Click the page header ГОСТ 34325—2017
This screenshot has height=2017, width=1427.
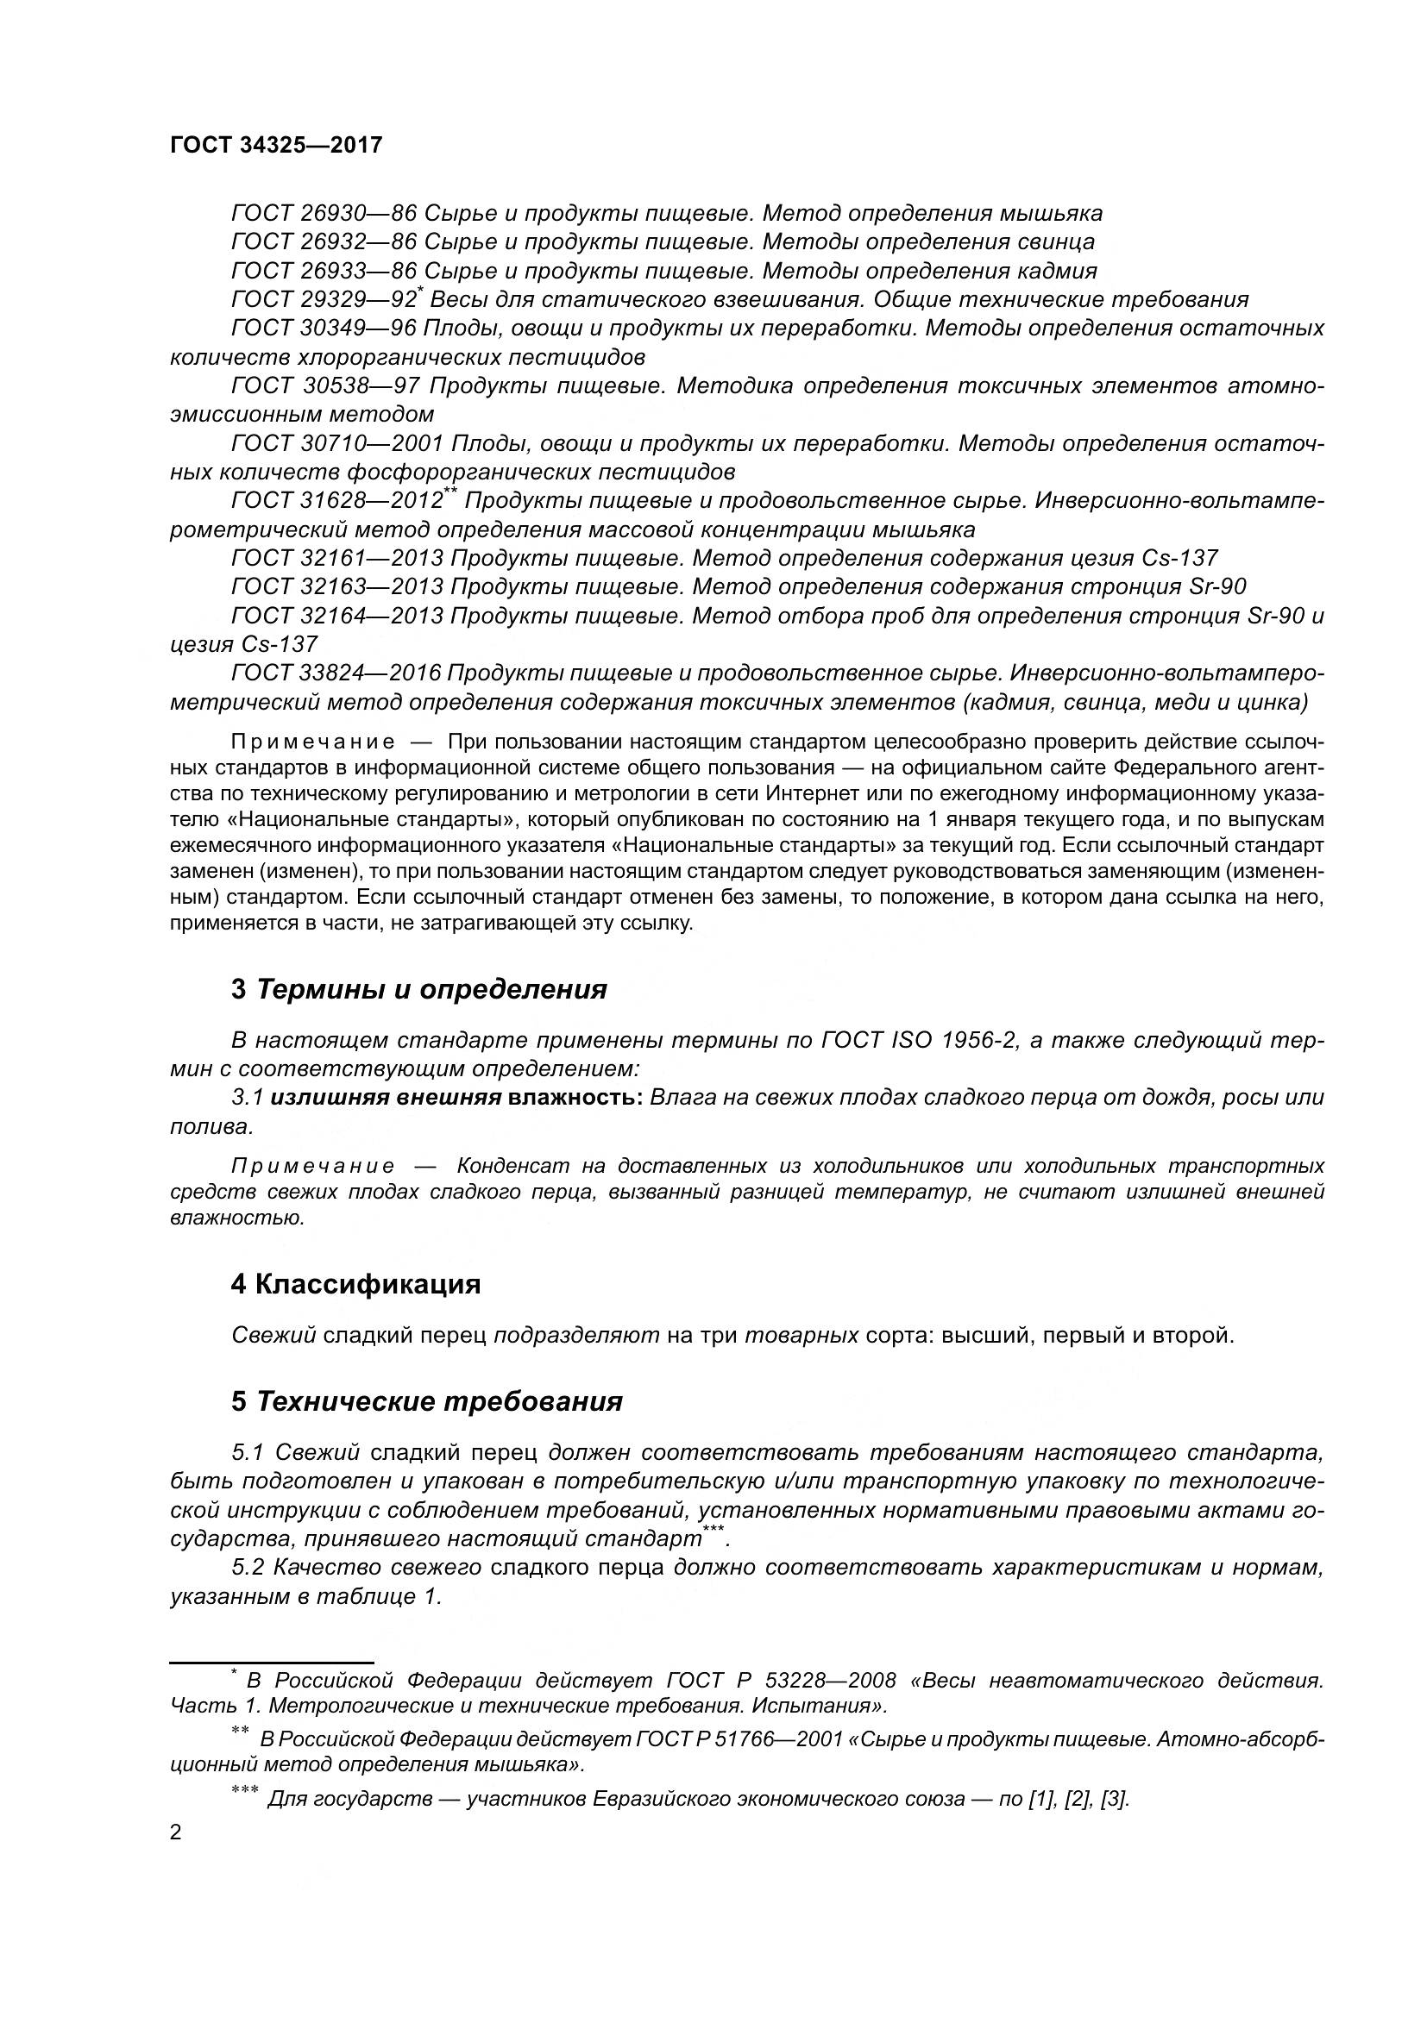pyautogui.click(x=277, y=145)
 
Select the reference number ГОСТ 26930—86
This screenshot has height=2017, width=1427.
pyautogui.click(x=324, y=214)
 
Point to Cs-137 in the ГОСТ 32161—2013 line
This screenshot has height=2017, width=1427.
pyautogui.click(x=1180, y=558)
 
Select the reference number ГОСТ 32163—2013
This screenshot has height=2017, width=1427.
pyautogui.click(x=337, y=587)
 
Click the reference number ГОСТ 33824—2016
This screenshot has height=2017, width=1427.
pyautogui.click(x=337, y=673)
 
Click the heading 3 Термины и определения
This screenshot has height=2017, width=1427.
pyautogui.click(x=419, y=989)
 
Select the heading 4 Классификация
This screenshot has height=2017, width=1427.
pyautogui.click(x=355, y=1284)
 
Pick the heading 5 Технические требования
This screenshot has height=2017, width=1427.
pyautogui.click(x=427, y=1401)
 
